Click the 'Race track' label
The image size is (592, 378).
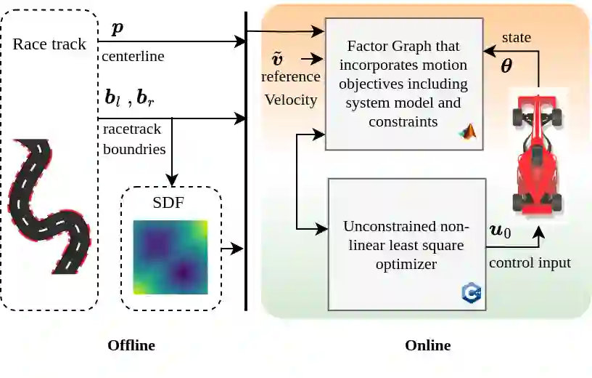[x=49, y=44]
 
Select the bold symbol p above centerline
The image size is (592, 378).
[x=117, y=29]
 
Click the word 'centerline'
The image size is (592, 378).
[x=132, y=55]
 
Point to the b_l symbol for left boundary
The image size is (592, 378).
[x=113, y=98]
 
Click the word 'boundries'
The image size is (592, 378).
[x=134, y=148]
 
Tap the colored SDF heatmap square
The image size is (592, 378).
[x=170, y=257]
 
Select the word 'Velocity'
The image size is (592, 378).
[x=291, y=100]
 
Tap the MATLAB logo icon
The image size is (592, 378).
[x=468, y=132]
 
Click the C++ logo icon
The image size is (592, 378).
[x=472, y=292]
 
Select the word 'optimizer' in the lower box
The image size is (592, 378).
[x=406, y=264]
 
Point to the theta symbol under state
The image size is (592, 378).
[x=506, y=66]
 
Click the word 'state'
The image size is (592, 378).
[x=517, y=37]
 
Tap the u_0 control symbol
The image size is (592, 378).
[x=501, y=231]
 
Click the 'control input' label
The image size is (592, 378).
[x=530, y=262]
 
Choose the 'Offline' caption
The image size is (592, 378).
[x=131, y=345]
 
